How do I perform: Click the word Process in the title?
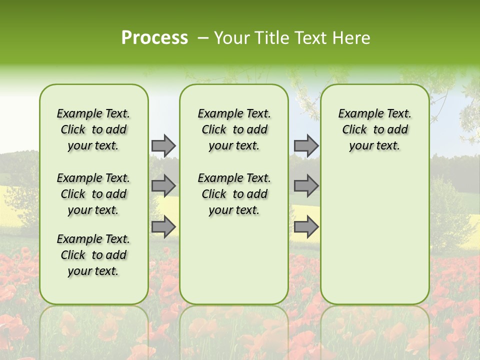(x=154, y=38)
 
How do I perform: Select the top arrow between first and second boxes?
(x=163, y=145)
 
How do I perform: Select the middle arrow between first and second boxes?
(x=163, y=186)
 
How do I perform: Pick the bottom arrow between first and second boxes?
(x=163, y=226)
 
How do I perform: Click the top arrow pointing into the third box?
(x=306, y=145)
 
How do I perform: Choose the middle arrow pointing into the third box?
(x=306, y=186)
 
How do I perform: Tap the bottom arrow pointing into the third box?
(x=306, y=226)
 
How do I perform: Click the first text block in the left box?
(x=93, y=129)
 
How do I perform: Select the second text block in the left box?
(x=93, y=194)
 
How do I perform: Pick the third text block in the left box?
(x=93, y=255)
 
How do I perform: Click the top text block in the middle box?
(x=234, y=129)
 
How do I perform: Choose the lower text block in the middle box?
(x=234, y=194)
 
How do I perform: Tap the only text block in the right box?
(x=374, y=129)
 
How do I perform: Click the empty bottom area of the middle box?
(x=234, y=265)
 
